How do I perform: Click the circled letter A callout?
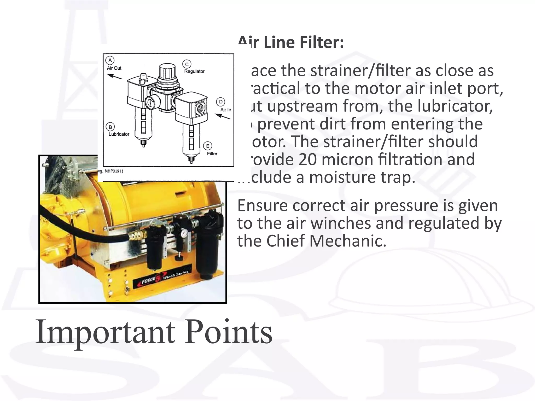point(110,61)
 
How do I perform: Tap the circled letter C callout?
point(187,64)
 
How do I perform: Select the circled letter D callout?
point(221,102)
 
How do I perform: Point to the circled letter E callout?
point(208,146)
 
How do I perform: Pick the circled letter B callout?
point(110,127)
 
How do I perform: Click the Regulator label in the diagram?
point(194,71)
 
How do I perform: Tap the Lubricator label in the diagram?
point(119,134)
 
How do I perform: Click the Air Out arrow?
point(114,76)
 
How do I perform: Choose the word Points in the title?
point(228,332)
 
